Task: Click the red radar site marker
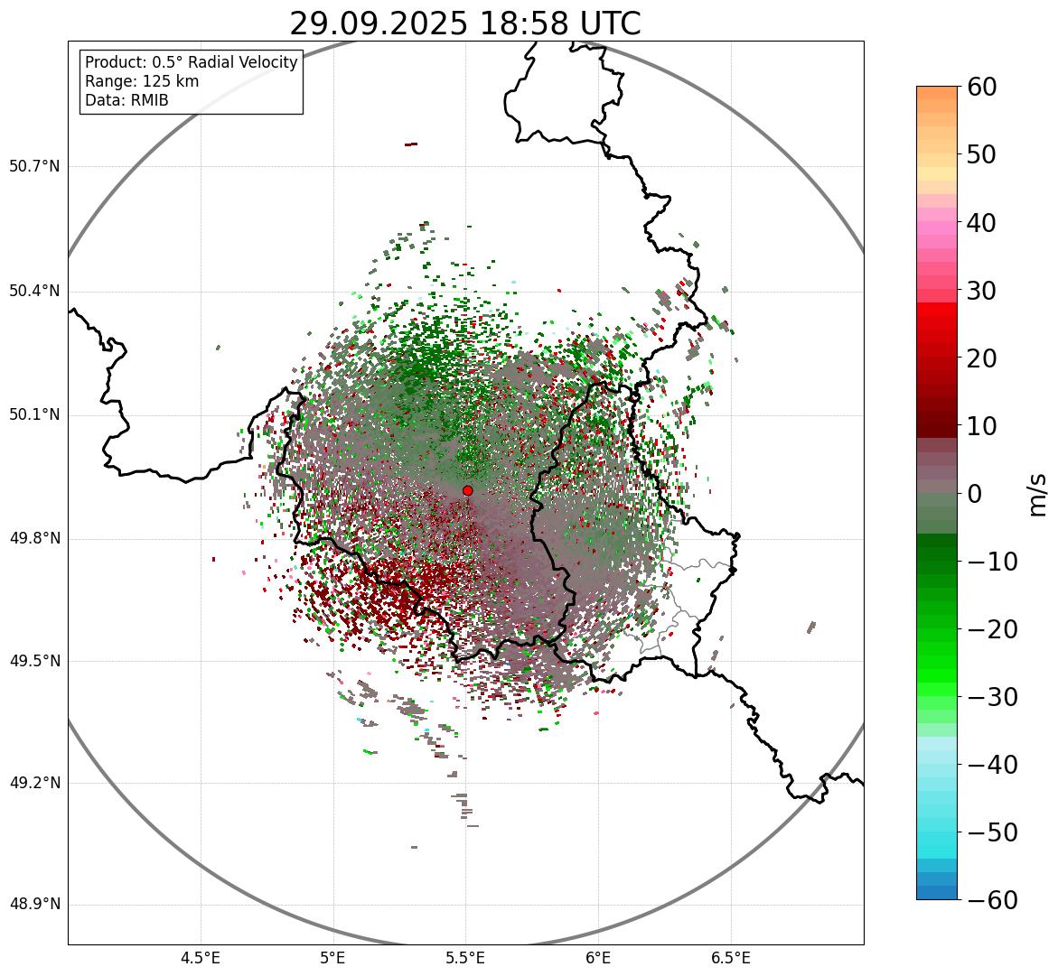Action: coord(467,490)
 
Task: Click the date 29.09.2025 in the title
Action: coord(378,23)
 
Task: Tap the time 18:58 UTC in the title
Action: coord(559,23)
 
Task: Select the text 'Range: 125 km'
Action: coord(142,81)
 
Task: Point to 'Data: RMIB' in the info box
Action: coord(126,100)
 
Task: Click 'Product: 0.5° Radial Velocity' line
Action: coord(191,62)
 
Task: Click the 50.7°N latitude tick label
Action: coord(34,166)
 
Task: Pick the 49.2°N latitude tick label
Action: coord(34,783)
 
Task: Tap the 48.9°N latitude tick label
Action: coord(34,905)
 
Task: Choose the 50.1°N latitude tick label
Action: coord(34,415)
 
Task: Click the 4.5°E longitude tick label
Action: coord(200,958)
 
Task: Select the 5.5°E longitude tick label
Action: coord(465,958)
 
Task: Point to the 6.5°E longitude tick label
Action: coord(730,958)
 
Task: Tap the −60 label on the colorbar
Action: coord(992,900)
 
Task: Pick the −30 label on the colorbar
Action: coord(992,697)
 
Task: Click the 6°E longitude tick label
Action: coord(598,958)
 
